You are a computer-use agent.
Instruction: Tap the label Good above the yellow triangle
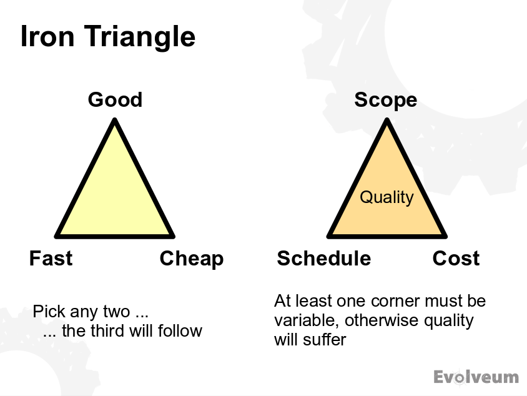point(115,100)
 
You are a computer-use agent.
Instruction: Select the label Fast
point(51,259)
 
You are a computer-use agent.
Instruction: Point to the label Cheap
point(192,259)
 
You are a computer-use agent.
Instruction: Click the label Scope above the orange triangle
point(386,100)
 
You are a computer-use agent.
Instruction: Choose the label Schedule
point(324,259)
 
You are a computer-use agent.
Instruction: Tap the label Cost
point(456,259)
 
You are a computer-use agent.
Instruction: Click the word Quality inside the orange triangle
point(387,197)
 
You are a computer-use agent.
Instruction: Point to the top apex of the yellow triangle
point(115,122)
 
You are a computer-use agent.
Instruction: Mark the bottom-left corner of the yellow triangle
point(57,235)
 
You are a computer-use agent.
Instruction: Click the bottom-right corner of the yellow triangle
point(172,235)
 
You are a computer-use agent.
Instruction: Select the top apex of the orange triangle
point(387,122)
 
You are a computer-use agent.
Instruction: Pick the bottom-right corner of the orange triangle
point(445,235)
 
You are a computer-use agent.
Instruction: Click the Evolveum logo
point(476,377)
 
